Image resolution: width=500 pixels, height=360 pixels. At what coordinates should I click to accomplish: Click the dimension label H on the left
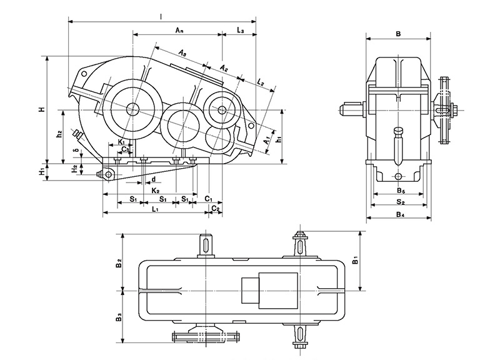(41, 110)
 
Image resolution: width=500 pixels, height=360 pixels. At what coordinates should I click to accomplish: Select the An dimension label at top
(179, 30)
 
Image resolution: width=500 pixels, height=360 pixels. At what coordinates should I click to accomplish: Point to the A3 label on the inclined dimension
(182, 54)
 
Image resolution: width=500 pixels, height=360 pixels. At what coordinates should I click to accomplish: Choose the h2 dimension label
(59, 134)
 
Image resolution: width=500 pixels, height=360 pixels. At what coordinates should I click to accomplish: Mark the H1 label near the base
(41, 171)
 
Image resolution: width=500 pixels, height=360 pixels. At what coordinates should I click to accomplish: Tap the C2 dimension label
(214, 207)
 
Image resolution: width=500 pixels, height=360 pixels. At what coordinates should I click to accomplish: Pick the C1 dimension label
(209, 198)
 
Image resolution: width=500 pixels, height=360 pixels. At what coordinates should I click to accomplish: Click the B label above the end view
(398, 34)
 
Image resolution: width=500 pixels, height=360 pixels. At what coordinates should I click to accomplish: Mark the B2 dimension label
(118, 262)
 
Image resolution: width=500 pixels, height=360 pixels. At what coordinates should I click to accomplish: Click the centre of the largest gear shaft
(132, 109)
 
